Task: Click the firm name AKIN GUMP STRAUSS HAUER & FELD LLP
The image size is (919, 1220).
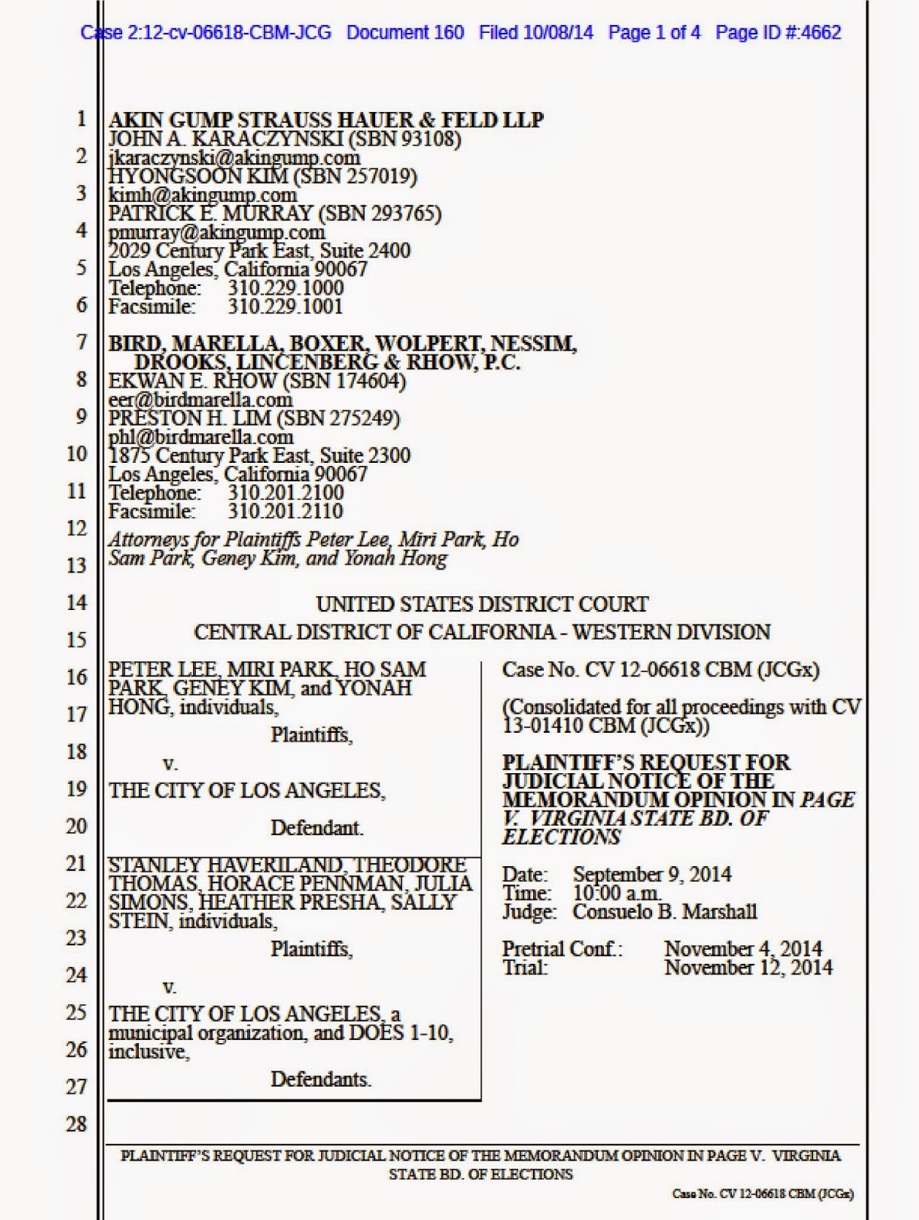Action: tap(326, 120)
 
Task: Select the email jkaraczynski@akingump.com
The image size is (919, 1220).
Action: tap(234, 158)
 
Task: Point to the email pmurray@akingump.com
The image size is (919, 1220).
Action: tap(217, 232)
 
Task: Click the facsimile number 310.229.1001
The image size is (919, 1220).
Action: tap(285, 307)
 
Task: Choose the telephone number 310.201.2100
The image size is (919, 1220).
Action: tap(285, 493)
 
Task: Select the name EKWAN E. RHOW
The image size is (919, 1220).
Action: tap(190, 380)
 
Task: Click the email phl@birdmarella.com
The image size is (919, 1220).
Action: tap(201, 437)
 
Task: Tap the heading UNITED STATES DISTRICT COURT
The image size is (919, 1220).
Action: tap(482, 605)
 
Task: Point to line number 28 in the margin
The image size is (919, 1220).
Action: tap(76, 1124)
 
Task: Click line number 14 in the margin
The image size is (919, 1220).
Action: tap(76, 602)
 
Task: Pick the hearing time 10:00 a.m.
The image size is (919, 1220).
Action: tap(616, 893)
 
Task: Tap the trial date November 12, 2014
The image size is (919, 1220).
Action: tap(748, 968)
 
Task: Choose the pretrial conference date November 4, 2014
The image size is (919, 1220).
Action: tap(743, 949)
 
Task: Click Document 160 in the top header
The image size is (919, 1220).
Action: tap(405, 33)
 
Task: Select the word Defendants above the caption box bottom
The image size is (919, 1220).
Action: tap(320, 1080)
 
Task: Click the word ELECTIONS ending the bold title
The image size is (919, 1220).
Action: tap(561, 837)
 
